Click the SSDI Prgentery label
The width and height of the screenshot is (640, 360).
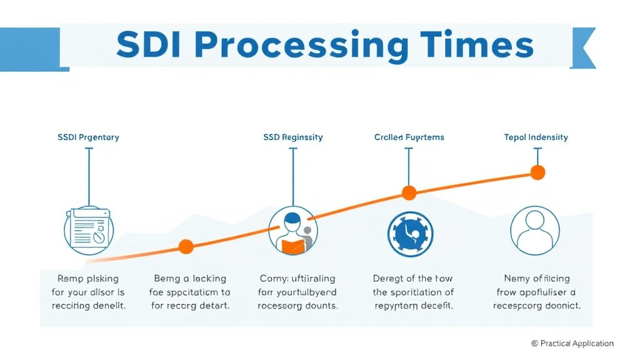tap(88, 137)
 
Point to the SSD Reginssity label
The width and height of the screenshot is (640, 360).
tap(293, 137)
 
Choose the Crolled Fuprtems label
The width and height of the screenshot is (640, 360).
tap(409, 137)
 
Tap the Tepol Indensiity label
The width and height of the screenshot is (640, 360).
tap(536, 137)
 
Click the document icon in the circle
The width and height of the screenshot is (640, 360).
tap(88, 229)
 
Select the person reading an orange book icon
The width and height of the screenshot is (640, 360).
tap(293, 231)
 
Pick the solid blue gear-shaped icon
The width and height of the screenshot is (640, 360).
tap(409, 231)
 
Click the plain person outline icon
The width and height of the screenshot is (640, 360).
tap(535, 229)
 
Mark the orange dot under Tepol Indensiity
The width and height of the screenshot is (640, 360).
tap(537, 172)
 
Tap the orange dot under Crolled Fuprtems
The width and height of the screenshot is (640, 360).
tap(409, 192)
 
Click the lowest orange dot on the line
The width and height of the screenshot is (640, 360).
tap(186, 246)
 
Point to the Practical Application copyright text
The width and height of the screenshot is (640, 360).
tap(572, 343)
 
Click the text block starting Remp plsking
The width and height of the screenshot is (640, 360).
tap(88, 292)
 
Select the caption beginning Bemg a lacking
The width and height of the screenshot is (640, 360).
tap(190, 292)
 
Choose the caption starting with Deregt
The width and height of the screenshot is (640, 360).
tap(412, 292)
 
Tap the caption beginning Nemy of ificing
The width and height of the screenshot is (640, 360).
tap(537, 292)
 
